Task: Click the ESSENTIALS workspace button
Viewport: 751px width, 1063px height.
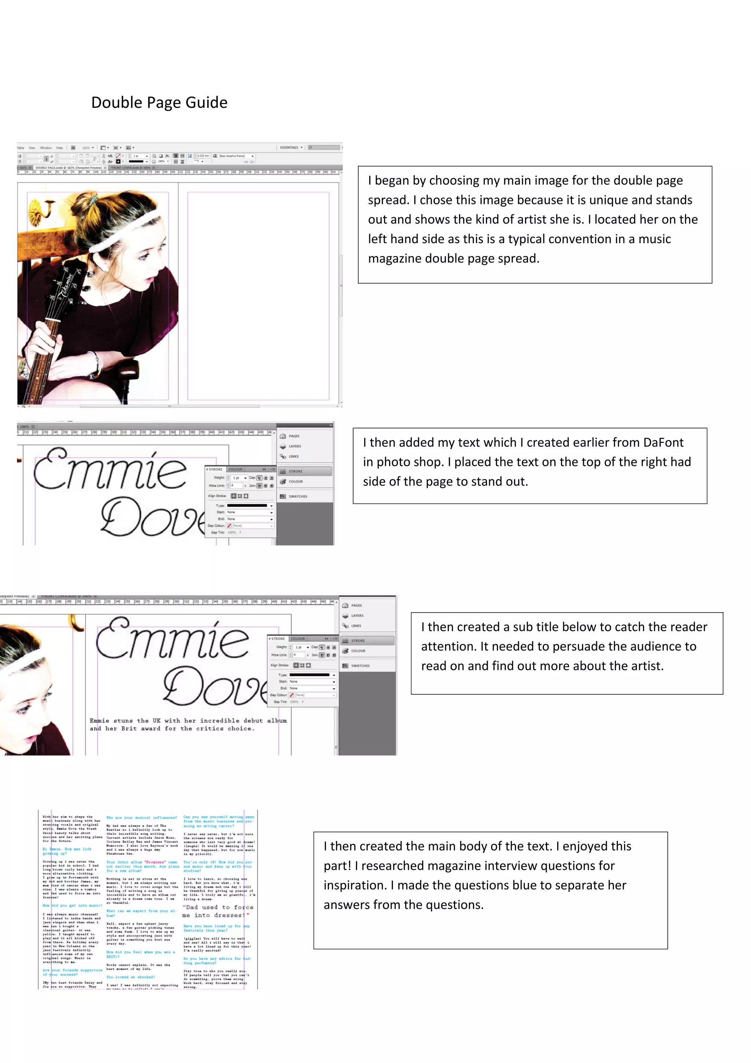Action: [x=289, y=148]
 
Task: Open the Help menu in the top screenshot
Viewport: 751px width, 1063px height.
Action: [x=59, y=148]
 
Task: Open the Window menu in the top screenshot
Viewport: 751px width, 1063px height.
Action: [x=46, y=148]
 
